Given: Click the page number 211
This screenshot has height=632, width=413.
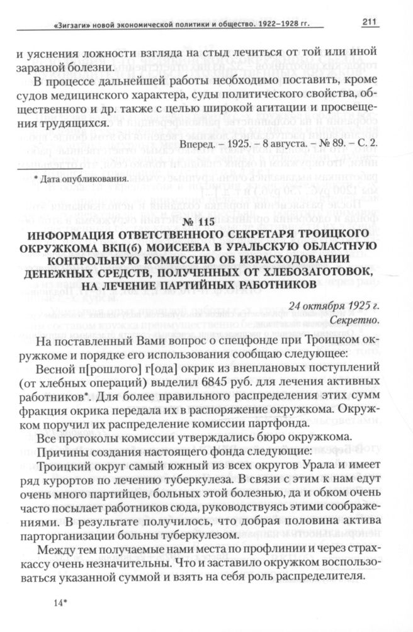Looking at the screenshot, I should click(369, 23).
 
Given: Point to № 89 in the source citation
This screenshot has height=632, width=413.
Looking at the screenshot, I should click(337, 144).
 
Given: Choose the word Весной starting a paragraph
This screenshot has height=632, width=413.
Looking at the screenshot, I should click(57, 383).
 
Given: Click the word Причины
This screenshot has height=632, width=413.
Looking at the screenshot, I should click(60, 451).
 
